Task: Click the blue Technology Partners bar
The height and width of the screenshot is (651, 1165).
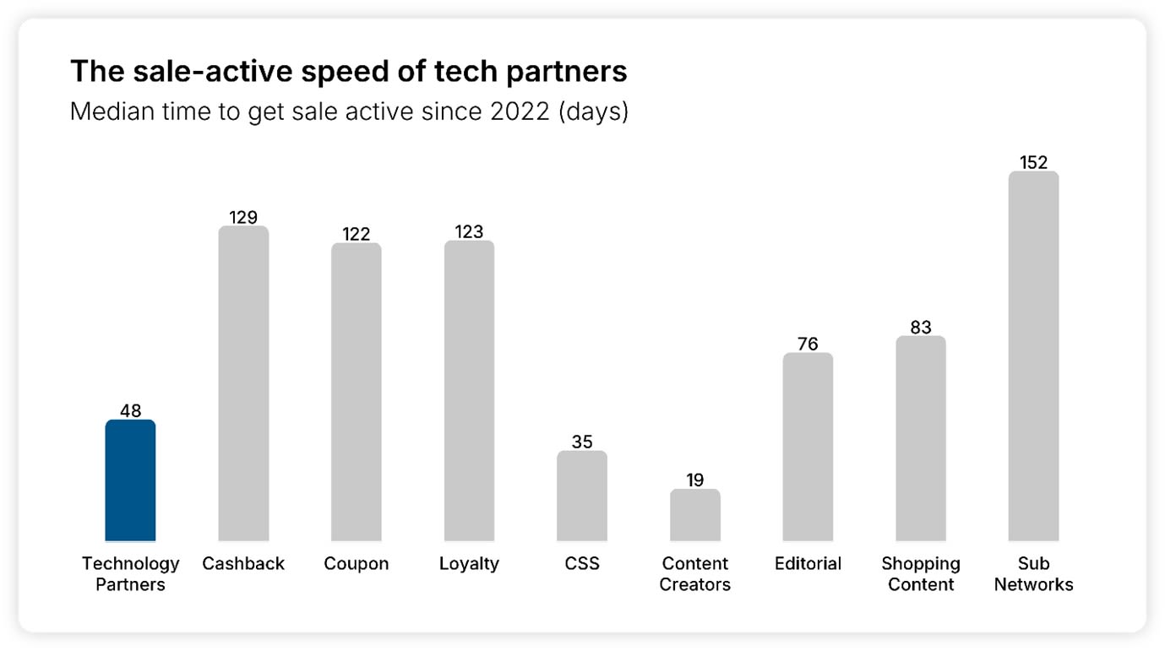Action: click(x=130, y=481)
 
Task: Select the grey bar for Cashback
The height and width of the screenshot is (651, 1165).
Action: click(x=243, y=384)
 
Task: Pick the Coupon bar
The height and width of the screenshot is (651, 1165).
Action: click(x=356, y=393)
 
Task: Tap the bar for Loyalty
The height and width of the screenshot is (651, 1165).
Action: click(x=469, y=391)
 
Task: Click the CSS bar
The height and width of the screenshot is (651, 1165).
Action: click(x=581, y=496)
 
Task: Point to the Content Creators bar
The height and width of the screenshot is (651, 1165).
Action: click(x=695, y=516)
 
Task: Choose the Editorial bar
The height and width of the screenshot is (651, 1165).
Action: click(x=808, y=448)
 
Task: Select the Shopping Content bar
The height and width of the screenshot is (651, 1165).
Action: click(x=921, y=439)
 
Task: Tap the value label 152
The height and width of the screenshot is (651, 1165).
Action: click(x=1033, y=162)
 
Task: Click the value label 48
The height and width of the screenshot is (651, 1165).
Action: click(x=130, y=411)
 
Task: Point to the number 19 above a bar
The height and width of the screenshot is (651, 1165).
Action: click(x=695, y=480)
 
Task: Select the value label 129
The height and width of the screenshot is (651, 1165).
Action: click(x=243, y=217)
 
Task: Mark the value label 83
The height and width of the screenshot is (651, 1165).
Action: click(x=921, y=327)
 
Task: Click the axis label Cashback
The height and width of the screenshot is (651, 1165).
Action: click(x=243, y=563)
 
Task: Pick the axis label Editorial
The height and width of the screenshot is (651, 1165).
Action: click(x=808, y=563)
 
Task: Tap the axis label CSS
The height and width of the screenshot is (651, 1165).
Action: click(x=581, y=563)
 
